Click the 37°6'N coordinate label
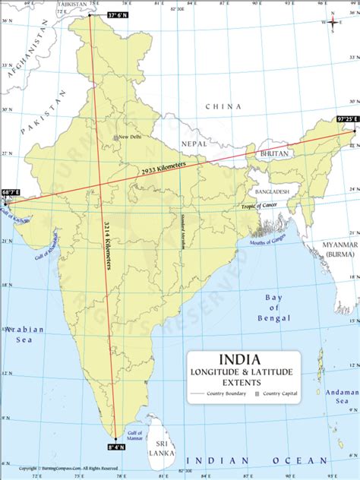[118, 14]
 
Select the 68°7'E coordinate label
[11, 193]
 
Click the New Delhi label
[130, 137]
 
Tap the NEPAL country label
[194, 143]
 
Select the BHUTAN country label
[275, 153]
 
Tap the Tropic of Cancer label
[260, 206]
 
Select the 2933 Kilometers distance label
[163, 170]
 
